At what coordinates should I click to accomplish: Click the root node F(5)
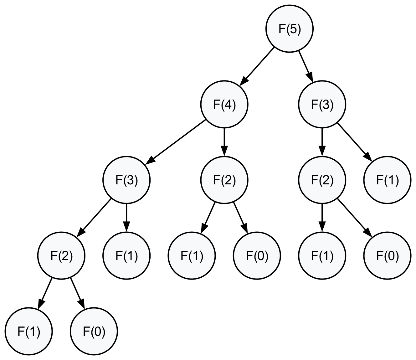pyautogui.click(x=289, y=29)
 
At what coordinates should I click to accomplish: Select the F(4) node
pyautogui.click(x=224, y=104)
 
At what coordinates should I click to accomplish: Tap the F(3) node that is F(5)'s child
pyautogui.click(x=322, y=104)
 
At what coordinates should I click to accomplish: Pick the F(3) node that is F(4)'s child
pyautogui.click(x=126, y=180)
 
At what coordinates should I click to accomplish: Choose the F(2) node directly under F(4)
pyautogui.click(x=224, y=180)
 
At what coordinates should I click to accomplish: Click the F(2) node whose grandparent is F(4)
pyautogui.click(x=61, y=256)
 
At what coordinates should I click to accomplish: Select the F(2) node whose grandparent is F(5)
pyautogui.click(x=322, y=180)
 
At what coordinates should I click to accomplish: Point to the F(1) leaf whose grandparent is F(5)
pyautogui.click(x=387, y=180)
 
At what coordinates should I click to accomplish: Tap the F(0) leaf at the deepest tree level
pyautogui.click(x=94, y=331)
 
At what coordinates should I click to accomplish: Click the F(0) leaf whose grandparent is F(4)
pyautogui.click(x=257, y=256)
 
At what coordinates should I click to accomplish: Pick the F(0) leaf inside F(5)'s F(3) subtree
pyautogui.click(x=387, y=256)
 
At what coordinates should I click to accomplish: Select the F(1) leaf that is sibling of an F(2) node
pyautogui.click(x=126, y=256)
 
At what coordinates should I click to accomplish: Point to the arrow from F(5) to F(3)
pyautogui.click(x=306, y=66)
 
